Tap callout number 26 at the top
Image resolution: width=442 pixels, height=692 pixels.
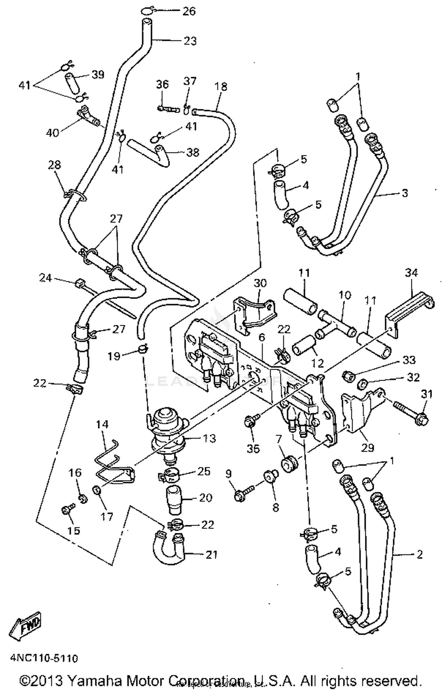pos(189,11)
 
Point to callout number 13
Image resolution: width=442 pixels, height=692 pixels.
pos(210,438)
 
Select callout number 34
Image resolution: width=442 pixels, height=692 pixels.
pos(411,273)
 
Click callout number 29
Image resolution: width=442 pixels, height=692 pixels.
pos(367,448)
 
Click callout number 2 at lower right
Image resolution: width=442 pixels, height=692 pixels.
pos(420,554)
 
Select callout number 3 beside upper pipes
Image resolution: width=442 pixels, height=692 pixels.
pos(405,193)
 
